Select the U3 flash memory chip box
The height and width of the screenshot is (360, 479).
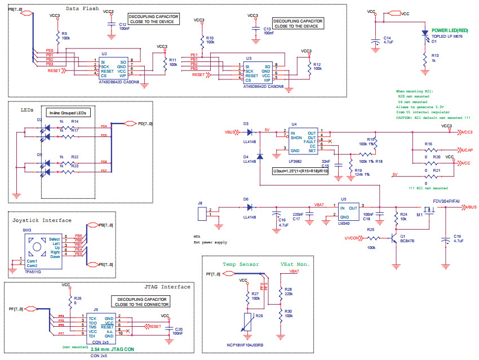pyautogui.click(x=256, y=73)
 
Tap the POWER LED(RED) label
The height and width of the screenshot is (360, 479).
pyautogui.click(x=449, y=30)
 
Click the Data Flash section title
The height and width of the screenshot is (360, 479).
pyautogui.click(x=82, y=9)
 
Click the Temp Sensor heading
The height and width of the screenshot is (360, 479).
pyautogui.click(x=241, y=264)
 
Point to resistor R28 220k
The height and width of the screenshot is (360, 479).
pyautogui.click(x=280, y=291)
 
